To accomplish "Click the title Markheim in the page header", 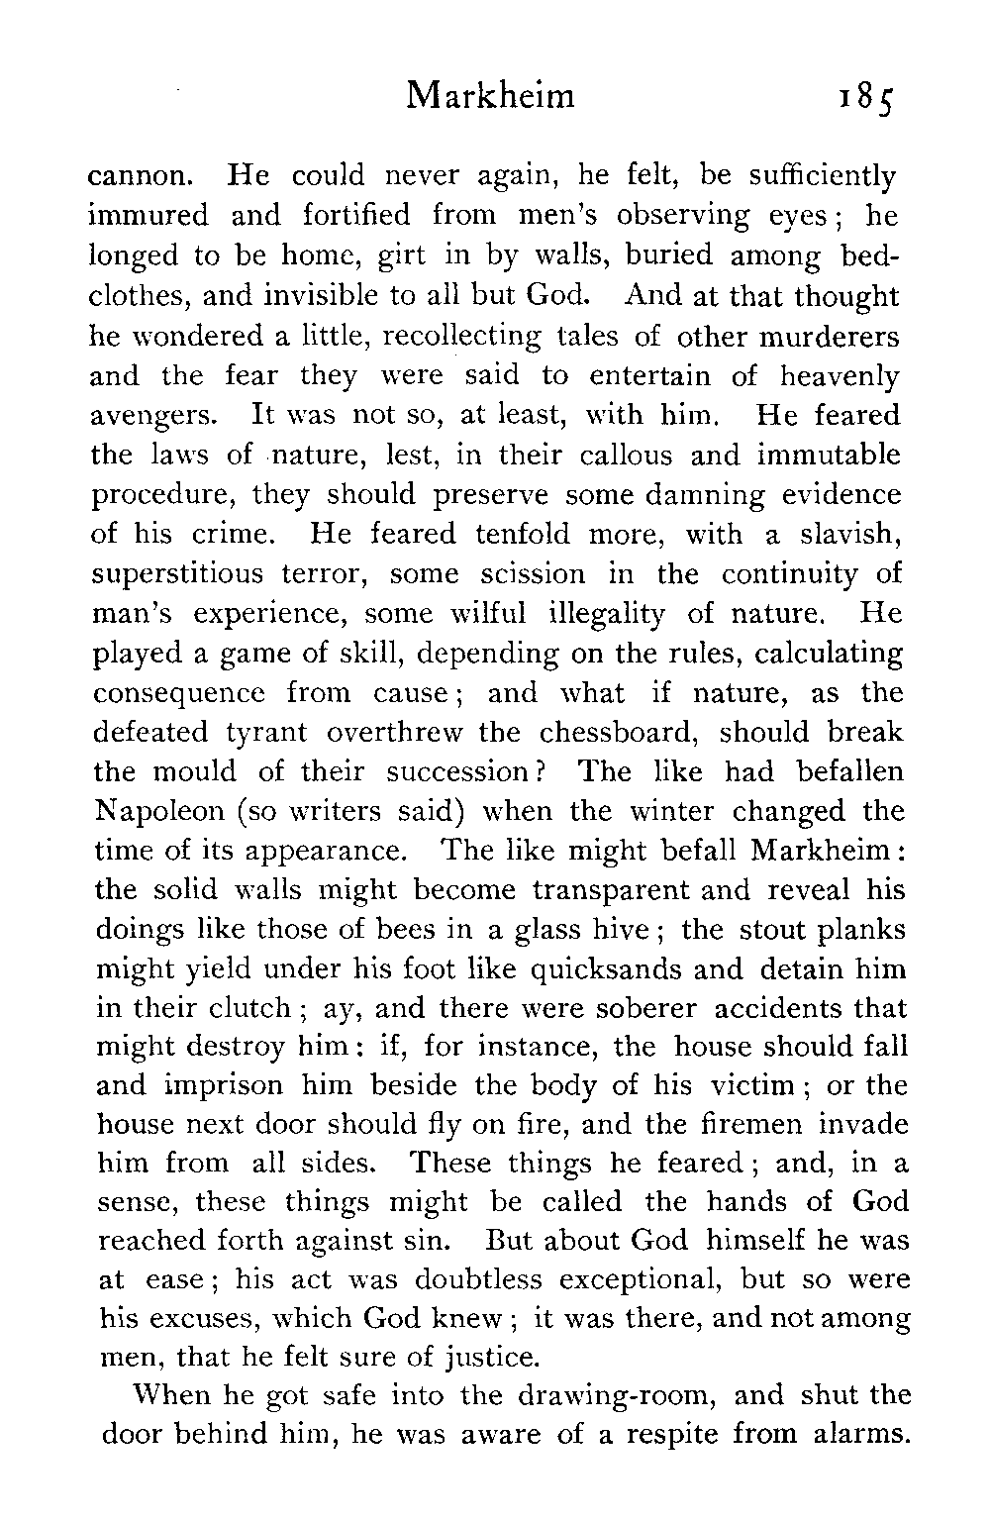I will (491, 96).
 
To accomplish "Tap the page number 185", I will (865, 98).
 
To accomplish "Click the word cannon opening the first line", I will (138, 177).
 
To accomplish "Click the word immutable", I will (830, 456).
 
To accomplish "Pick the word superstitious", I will (178, 575).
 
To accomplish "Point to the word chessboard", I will (621, 733).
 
